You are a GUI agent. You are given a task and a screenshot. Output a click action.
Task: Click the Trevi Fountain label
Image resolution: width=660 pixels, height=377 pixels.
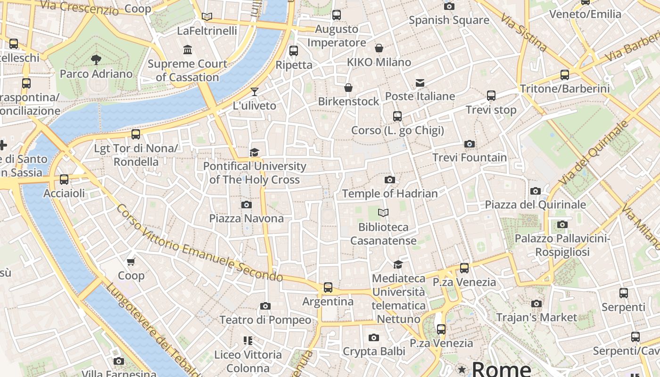[470, 157]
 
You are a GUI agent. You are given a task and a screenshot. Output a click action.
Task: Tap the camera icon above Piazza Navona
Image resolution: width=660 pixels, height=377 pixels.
[246, 205]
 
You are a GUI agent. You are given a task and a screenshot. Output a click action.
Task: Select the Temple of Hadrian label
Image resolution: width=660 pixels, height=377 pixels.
[390, 193]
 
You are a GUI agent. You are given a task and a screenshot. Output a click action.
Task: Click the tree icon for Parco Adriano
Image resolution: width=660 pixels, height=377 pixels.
[96, 60]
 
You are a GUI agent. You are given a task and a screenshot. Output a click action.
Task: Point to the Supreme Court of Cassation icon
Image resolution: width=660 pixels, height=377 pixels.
[188, 49]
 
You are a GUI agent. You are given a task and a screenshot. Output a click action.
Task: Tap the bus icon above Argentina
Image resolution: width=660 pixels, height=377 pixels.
[328, 287]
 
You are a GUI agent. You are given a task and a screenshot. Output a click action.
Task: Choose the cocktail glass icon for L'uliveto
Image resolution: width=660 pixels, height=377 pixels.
[255, 91]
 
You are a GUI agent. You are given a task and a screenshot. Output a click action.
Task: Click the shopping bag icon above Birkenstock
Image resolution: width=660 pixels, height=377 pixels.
[348, 88]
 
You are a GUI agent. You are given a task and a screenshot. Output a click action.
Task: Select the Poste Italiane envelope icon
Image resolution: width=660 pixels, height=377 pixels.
[420, 83]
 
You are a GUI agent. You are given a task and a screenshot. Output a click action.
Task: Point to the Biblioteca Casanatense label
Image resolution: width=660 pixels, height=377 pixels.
[383, 234]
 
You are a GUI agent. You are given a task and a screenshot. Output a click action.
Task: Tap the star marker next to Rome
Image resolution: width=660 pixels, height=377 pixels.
[462, 369]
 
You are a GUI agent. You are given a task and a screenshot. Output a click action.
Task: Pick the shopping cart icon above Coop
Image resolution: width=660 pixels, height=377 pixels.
[131, 262]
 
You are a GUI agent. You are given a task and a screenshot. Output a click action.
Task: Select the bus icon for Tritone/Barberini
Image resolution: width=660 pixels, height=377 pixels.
[564, 74]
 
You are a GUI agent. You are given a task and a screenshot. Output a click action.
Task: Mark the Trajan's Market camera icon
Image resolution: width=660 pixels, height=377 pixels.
[536, 303]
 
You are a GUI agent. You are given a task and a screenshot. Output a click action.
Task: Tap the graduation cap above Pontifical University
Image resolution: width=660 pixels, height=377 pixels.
[255, 152]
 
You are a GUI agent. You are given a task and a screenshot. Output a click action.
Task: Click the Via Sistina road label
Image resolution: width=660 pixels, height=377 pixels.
[524, 32]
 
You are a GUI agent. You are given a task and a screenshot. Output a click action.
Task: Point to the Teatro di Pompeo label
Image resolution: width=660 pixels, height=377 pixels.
[265, 320]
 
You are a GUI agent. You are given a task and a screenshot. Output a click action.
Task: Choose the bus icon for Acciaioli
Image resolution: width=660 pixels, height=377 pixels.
[64, 180]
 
